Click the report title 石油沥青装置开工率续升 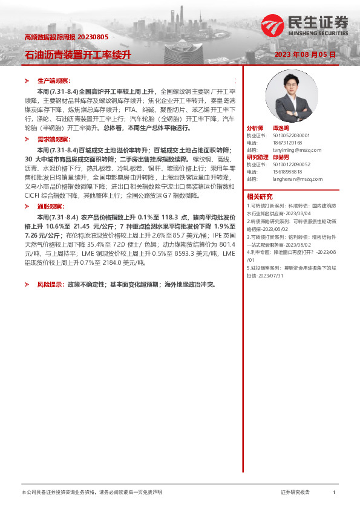pos(77,54)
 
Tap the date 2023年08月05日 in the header pos(305,54)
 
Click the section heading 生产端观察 pos(54,80)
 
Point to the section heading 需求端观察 pos(54,139)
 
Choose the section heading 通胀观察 pos(51,207)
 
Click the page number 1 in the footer pos(334,493)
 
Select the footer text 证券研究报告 pos(295,493)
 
